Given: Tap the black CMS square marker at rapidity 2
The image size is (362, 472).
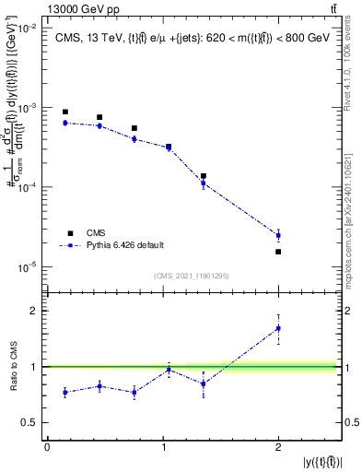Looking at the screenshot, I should [x=278, y=252].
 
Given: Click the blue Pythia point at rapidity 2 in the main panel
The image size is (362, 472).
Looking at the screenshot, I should [x=278, y=235].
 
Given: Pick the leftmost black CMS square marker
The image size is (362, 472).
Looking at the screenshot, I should [x=64, y=112].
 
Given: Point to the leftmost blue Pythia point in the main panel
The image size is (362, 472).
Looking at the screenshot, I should [x=64, y=123].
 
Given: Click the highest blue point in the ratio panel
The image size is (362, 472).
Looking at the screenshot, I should [x=278, y=328].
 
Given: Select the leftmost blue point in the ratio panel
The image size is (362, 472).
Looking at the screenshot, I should [x=64, y=392].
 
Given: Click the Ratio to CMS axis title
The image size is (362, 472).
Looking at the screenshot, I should [x=12, y=366].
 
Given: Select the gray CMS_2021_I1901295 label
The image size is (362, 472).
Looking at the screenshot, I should [x=192, y=276].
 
